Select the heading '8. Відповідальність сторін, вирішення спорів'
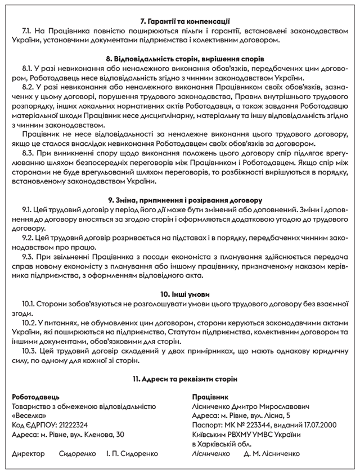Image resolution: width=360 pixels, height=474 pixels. click(179, 59)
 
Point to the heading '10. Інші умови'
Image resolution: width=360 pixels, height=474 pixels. click(179, 294)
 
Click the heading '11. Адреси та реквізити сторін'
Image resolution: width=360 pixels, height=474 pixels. click(179, 379)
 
